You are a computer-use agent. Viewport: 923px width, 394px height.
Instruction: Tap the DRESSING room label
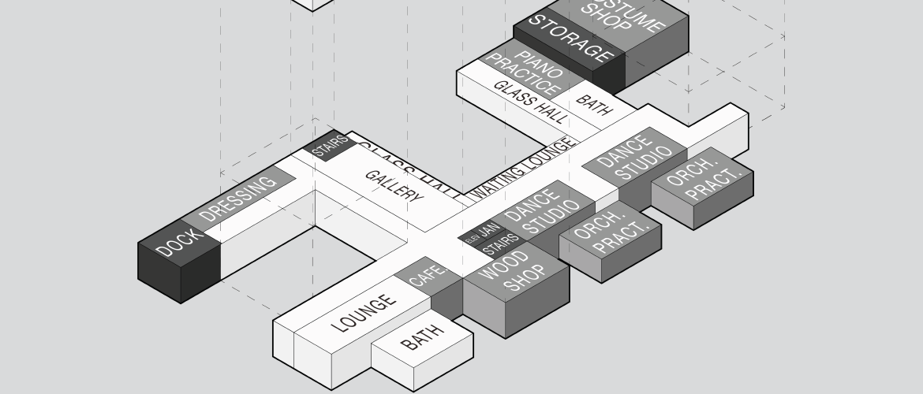[x=238, y=197]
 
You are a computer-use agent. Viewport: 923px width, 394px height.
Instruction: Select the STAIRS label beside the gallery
[x=330, y=146]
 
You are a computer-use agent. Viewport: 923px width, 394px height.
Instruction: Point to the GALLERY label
[x=394, y=186]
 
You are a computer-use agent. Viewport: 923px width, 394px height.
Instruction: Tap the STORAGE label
[x=570, y=39]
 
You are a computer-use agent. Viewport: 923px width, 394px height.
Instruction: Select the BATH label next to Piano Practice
[x=594, y=106]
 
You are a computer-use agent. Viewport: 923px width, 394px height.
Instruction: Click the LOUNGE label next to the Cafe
[x=364, y=313]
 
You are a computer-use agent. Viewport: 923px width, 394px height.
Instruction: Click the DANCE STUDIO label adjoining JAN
[x=540, y=212]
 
